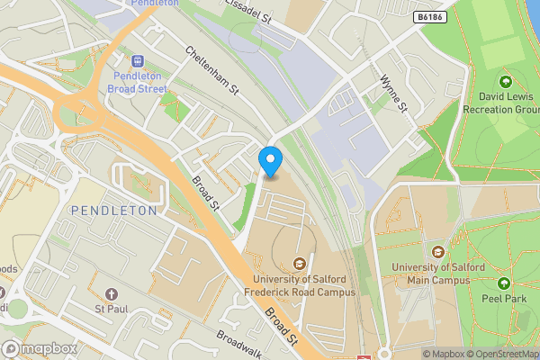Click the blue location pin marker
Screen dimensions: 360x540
coord(270,160)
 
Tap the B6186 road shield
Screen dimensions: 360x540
coord(431,17)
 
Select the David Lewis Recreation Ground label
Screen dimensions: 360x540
coord(499,102)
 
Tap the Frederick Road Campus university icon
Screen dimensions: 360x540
coord(299,263)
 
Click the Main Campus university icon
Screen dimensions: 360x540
coord(438,252)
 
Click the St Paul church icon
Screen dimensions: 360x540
coord(112,294)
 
